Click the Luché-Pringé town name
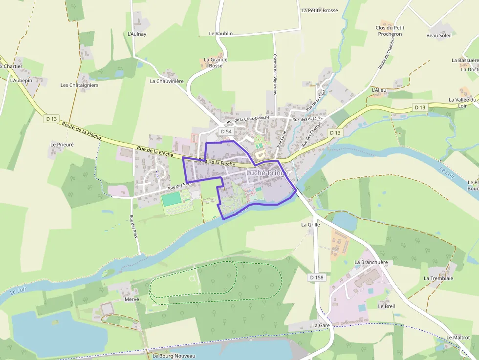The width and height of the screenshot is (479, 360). point(267,172)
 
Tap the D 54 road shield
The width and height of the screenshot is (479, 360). point(226,132)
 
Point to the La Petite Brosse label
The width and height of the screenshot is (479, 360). point(320,10)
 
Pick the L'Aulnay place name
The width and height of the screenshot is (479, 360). point(137,34)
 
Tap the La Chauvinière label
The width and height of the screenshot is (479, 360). point(167,81)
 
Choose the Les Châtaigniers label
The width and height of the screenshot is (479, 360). point(79,85)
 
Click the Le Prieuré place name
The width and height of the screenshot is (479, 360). point(62,145)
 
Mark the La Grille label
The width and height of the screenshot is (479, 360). point(310,225)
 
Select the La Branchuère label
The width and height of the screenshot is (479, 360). point(371,262)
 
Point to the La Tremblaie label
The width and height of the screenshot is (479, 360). point(438,278)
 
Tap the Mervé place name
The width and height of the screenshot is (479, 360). point(132,299)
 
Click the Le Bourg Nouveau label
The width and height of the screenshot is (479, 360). point(174,356)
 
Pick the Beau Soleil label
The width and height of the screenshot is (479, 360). point(439,35)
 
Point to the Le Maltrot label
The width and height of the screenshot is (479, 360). point(458,338)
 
